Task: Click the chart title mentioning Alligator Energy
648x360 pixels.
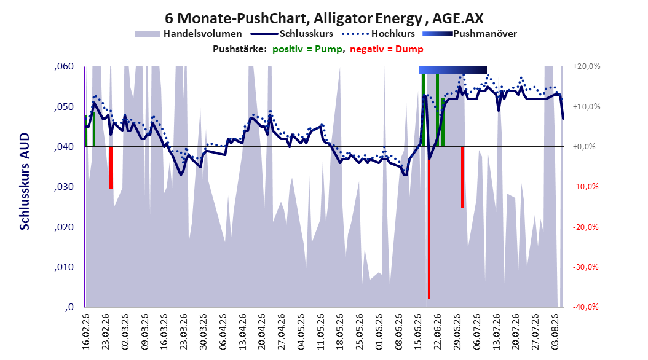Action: tap(324, 18)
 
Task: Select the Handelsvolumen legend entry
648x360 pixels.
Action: tap(188, 34)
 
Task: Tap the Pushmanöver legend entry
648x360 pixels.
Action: tap(470, 34)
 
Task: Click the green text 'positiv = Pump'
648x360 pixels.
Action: tap(307, 49)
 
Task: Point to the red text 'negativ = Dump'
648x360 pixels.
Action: tap(387, 49)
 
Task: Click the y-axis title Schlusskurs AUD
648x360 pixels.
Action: tap(25, 181)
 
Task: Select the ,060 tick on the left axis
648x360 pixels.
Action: tap(64, 66)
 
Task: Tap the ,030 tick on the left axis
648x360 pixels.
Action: tap(64, 187)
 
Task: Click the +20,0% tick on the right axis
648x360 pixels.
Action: tap(586, 66)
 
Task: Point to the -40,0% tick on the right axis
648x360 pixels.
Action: tap(585, 307)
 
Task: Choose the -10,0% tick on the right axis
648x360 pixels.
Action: tap(585, 187)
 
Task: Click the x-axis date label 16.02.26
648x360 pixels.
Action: tap(86, 332)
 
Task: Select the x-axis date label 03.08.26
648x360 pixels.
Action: tap(555, 332)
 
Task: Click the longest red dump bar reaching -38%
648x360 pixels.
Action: tap(429, 223)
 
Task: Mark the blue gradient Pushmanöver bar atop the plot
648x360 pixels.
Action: tap(452, 70)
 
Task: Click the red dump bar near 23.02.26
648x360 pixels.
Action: tap(111, 168)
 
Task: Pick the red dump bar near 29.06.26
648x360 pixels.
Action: tap(462, 178)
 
